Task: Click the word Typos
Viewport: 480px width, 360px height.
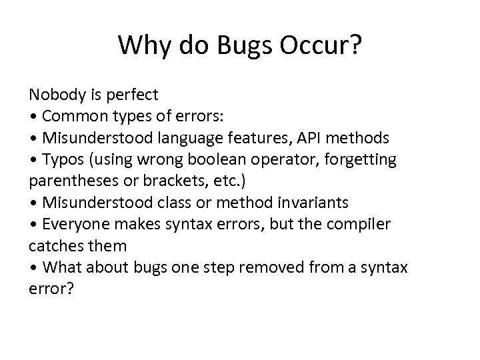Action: click(x=62, y=160)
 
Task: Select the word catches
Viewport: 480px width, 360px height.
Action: click(x=55, y=246)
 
